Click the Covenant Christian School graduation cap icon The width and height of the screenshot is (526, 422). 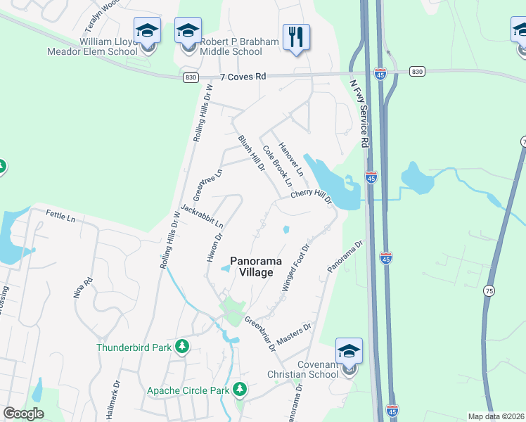349,352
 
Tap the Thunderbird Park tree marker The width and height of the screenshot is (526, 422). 182,346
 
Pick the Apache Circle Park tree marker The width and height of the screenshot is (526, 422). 240,389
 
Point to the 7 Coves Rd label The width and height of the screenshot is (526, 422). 243,76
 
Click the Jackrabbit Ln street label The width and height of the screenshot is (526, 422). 202,217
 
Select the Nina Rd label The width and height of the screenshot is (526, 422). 82,289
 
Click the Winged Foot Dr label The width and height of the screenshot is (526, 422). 295,269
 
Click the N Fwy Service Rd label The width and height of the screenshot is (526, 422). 359,113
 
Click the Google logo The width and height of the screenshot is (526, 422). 23,414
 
